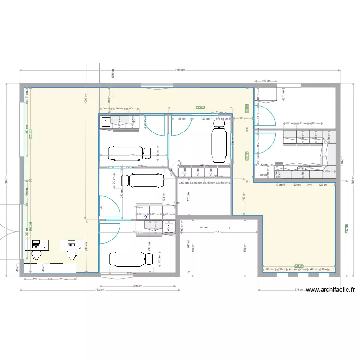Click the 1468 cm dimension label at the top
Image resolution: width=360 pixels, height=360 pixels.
coord(180,70)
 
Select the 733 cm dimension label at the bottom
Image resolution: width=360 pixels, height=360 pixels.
coord(99,290)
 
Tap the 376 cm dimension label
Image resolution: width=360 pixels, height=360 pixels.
coord(299,289)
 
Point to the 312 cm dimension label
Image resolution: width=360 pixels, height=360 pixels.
coord(134,155)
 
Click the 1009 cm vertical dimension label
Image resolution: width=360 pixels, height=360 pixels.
coord(85,101)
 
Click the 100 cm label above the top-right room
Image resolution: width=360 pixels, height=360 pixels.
coord(266,81)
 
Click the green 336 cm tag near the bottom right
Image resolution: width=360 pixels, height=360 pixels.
coord(299,265)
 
